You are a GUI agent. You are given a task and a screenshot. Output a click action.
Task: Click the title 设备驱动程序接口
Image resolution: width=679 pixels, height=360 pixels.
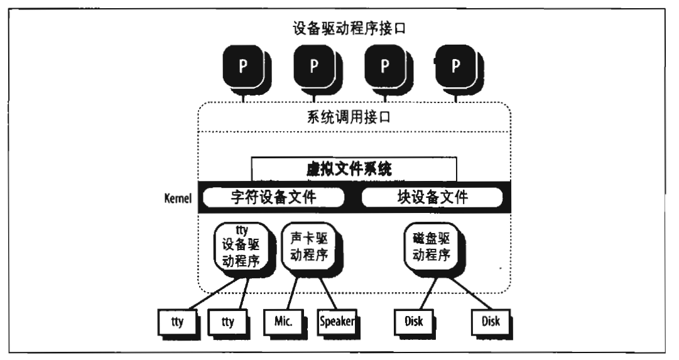point(349,29)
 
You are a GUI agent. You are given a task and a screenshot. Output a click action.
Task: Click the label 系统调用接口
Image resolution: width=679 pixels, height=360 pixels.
point(349,117)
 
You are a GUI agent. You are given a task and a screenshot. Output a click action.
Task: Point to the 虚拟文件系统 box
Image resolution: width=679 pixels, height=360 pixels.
point(354,169)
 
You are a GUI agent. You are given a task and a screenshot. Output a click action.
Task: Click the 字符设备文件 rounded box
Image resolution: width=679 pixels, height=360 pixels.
point(274,197)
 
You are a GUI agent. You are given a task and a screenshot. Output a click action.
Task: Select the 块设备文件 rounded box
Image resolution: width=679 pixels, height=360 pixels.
point(432,197)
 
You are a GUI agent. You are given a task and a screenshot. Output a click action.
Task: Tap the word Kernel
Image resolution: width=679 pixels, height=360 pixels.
point(178,199)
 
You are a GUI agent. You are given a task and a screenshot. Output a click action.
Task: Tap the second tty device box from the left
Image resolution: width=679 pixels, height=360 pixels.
point(229,323)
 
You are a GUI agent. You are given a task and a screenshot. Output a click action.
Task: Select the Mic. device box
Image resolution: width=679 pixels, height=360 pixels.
point(285,323)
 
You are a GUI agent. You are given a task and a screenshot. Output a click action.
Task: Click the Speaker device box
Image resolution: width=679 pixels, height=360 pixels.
point(338,323)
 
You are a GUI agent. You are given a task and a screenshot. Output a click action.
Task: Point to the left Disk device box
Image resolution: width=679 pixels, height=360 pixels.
point(415,323)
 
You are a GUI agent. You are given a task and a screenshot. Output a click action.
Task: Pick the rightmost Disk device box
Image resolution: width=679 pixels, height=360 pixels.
point(491,323)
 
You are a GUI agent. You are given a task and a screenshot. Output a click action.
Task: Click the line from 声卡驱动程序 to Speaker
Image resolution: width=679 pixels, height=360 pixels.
point(329,293)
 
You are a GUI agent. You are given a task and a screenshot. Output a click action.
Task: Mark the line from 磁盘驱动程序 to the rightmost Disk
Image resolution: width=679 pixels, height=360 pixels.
point(469,293)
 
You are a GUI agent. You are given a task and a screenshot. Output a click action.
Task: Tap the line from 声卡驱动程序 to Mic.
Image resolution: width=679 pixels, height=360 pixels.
point(293,293)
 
